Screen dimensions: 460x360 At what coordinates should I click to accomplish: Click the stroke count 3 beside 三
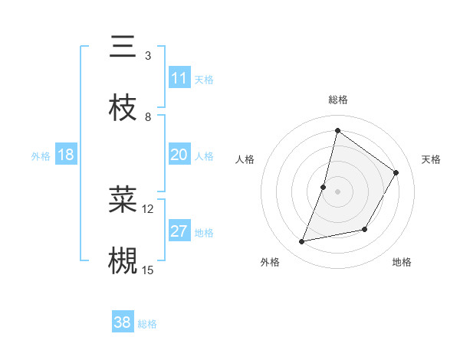coord(148,56)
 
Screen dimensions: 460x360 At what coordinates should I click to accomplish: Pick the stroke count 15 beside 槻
coord(148,270)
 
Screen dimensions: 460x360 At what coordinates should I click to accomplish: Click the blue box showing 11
coord(179,78)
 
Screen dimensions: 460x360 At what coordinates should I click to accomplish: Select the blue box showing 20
coord(179,155)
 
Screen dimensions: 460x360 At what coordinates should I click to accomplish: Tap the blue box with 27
coord(179,231)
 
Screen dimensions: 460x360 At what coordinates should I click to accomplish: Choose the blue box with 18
coord(66,155)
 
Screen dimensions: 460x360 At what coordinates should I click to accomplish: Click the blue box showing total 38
coord(123,322)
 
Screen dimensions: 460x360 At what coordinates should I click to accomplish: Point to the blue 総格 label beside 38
coord(147,324)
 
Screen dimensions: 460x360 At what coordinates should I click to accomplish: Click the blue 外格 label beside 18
coord(41,156)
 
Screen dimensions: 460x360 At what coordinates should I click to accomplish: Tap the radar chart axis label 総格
coord(338,100)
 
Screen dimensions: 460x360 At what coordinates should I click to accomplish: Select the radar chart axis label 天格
coord(432,159)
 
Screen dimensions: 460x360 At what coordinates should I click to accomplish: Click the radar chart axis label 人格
coord(245,159)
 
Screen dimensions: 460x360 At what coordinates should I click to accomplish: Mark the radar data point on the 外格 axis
coord(302,242)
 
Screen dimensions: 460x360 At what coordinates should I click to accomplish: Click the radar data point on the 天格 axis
coord(396,173)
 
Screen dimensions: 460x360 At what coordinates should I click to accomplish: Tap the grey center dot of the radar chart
coord(337,191)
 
